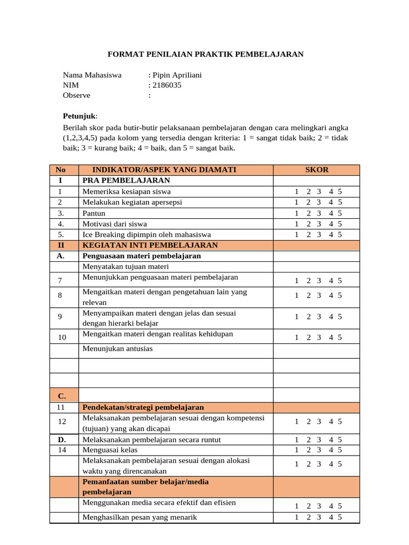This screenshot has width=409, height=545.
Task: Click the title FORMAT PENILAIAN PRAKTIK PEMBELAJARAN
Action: click(x=206, y=54)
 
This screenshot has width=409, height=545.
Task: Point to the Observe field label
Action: click(x=77, y=95)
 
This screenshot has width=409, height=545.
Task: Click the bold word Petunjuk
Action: click(x=80, y=116)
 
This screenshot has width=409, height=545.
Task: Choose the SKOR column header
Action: click(x=317, y=170)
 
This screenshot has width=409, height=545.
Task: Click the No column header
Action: click(x=60, y=170)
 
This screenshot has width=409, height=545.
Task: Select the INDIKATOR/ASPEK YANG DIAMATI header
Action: click(x=164, y=170)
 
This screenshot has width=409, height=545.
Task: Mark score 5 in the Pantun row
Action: click(x=340, y=213)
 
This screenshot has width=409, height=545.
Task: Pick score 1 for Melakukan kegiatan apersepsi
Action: click(x=296, y=202)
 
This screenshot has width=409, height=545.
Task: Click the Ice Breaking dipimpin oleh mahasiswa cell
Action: click(x=146, y=234)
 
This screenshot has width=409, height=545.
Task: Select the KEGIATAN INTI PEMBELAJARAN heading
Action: click(x=150, y=245)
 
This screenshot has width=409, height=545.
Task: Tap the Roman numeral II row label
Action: click(x=60, y=245)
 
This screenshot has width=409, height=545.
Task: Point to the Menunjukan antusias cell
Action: click(x=117, y=349)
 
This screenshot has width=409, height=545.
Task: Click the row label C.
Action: click(x=62, y=396)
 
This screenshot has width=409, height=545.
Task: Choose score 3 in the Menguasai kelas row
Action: click(x=318, y=450)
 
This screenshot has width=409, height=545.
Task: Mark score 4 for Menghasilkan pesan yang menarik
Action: click(x=331, y=517)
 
